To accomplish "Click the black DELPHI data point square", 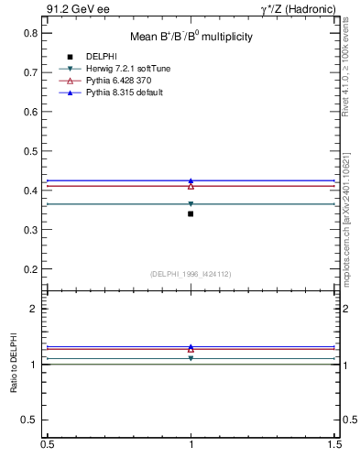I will [x=191, y=213].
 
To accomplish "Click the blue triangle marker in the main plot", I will [x=191, y=180].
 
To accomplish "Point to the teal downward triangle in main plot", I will [x=191, y=204].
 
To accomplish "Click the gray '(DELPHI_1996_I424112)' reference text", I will [x=191, y=274].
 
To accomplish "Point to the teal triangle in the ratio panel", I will [x=191, y=358].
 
